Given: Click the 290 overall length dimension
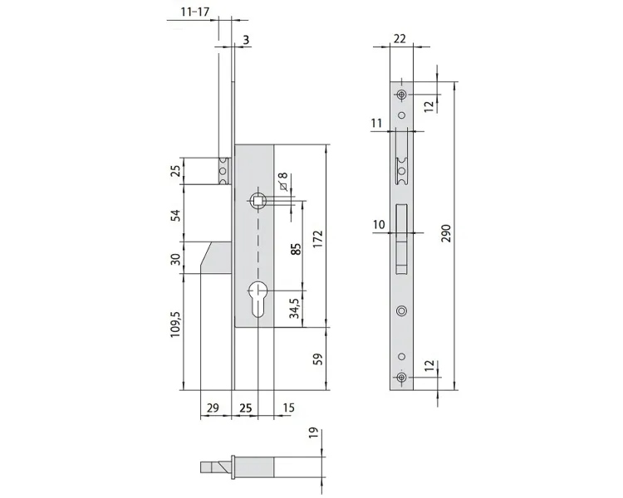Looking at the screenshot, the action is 447,233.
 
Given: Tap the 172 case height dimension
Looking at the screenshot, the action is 318,239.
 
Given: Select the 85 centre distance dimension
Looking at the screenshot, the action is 296,249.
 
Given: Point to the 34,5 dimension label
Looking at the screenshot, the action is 295,308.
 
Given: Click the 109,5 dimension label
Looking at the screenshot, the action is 175,325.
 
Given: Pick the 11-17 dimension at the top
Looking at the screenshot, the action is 194,12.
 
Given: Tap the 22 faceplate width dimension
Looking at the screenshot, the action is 400,38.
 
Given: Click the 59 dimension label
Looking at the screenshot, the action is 318,359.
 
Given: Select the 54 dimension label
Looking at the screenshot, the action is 175,215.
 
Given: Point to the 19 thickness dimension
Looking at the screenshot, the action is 313,433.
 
